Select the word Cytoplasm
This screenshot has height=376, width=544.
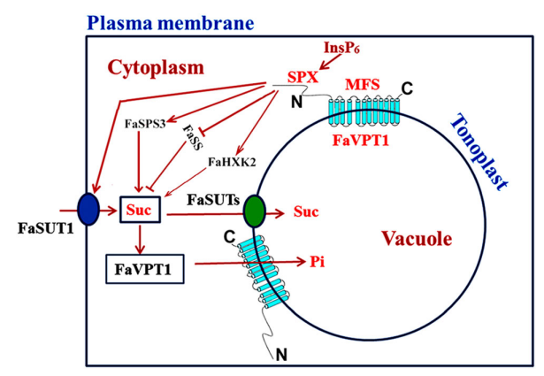(156, 66)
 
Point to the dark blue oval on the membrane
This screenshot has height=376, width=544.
(88, 211)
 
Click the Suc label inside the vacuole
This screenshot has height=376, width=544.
(304, 212)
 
